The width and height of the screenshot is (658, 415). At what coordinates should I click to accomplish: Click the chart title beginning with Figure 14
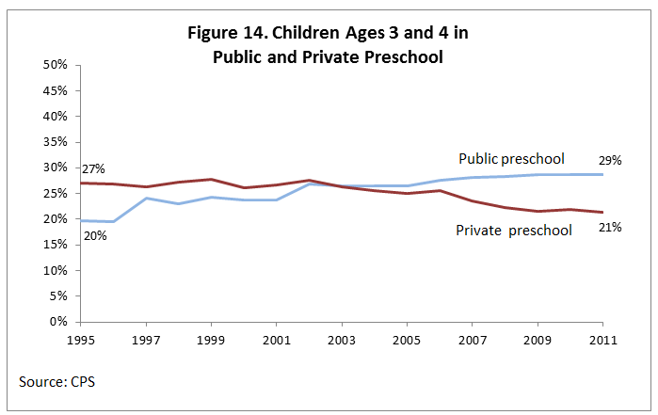click(327, 44)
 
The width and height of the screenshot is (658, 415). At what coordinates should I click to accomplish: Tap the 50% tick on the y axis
click(55, 65)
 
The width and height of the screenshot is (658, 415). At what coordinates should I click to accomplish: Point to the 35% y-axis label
click(55, 142)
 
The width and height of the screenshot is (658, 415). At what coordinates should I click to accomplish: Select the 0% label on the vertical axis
click(58, 322)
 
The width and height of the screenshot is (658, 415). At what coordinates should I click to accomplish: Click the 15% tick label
click(55, 245)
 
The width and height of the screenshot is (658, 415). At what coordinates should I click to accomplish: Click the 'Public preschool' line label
click(510, 158)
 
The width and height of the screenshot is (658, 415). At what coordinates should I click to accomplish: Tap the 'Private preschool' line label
click(514, 230)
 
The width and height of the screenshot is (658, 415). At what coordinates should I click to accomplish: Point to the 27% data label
click(94, 169)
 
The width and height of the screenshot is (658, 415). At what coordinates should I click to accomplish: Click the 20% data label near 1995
click(94, 235)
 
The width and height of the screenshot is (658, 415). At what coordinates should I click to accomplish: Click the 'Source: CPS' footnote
click(56, 382)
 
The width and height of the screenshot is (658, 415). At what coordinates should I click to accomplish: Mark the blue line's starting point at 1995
click(81, 220)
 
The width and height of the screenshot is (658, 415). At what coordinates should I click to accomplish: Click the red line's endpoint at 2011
click(603, 212)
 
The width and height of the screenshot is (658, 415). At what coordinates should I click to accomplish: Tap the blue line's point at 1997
click(147, 198)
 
